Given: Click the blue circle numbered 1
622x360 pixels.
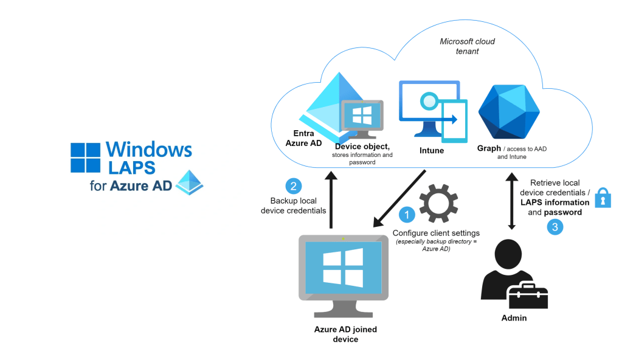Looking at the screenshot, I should (406, 215).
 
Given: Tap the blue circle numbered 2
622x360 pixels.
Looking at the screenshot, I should (293, 185).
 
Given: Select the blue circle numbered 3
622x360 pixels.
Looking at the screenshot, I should (555, 227).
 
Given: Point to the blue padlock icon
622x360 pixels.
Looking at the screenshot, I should (602, 198).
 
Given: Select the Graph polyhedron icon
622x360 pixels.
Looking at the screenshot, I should (509, 111).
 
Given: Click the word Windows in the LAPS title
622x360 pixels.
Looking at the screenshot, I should (148, 150).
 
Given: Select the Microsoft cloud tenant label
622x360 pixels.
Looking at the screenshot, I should (467, 46).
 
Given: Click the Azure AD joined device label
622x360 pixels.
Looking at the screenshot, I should (345, 334).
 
